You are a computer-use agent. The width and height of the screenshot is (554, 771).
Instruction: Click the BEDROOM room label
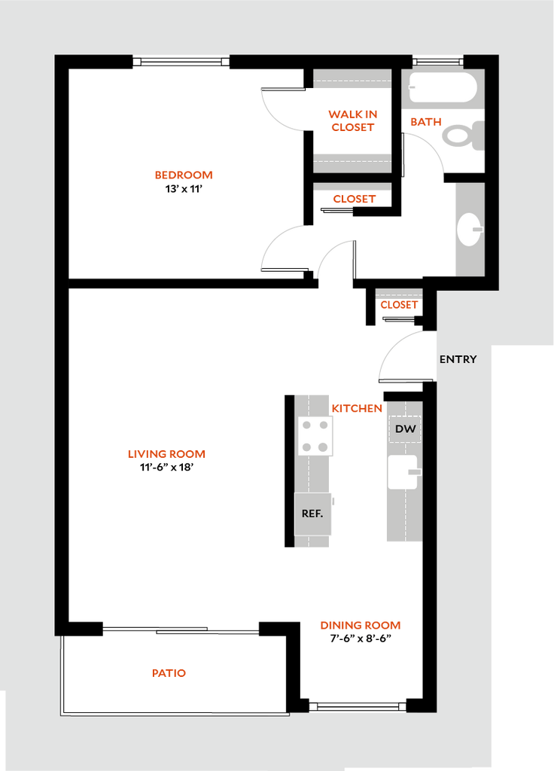pos(184,175)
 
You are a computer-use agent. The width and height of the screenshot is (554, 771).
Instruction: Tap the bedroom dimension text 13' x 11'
pos(184,189)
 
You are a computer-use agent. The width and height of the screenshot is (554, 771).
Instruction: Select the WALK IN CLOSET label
pos(353,120)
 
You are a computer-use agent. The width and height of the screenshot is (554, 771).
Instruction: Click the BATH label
pos(426,122)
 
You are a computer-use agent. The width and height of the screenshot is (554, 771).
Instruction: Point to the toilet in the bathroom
pos(463,136)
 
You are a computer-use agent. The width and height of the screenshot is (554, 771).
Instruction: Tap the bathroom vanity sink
pos(470,229)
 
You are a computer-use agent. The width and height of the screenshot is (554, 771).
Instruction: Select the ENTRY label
pos(458,359)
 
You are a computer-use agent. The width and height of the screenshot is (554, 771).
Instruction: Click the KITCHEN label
pos(357,409)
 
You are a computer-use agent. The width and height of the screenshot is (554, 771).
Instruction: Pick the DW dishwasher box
pos(405,428)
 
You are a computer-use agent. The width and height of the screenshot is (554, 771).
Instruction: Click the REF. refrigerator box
pos(312,513)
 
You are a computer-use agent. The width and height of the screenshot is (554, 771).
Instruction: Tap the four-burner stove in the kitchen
pos(315,436)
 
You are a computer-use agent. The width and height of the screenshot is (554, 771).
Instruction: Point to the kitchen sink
pos(404,472)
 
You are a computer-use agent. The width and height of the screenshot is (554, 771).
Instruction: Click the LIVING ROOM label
pos(166,454)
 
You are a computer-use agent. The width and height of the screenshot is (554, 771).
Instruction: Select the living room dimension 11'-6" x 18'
pos(166,468)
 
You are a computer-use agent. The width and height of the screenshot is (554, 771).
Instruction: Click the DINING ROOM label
pos(361,626)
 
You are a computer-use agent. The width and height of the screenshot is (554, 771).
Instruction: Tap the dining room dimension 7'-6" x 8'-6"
pos(361,638)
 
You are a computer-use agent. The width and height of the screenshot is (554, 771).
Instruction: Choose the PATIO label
pos(169,673)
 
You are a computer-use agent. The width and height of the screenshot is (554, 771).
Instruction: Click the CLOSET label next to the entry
pos(399,305)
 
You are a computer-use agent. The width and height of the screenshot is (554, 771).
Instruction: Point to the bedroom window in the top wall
pos(181,62)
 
